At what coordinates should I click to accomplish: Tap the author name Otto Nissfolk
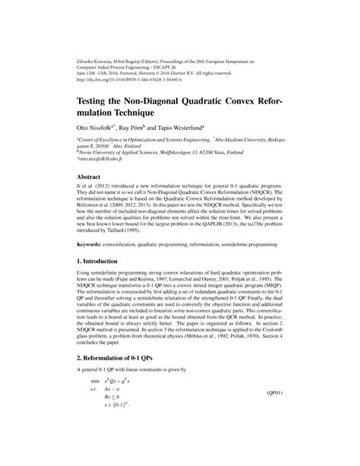(96, 129)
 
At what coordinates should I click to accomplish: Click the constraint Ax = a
(116, 430)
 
